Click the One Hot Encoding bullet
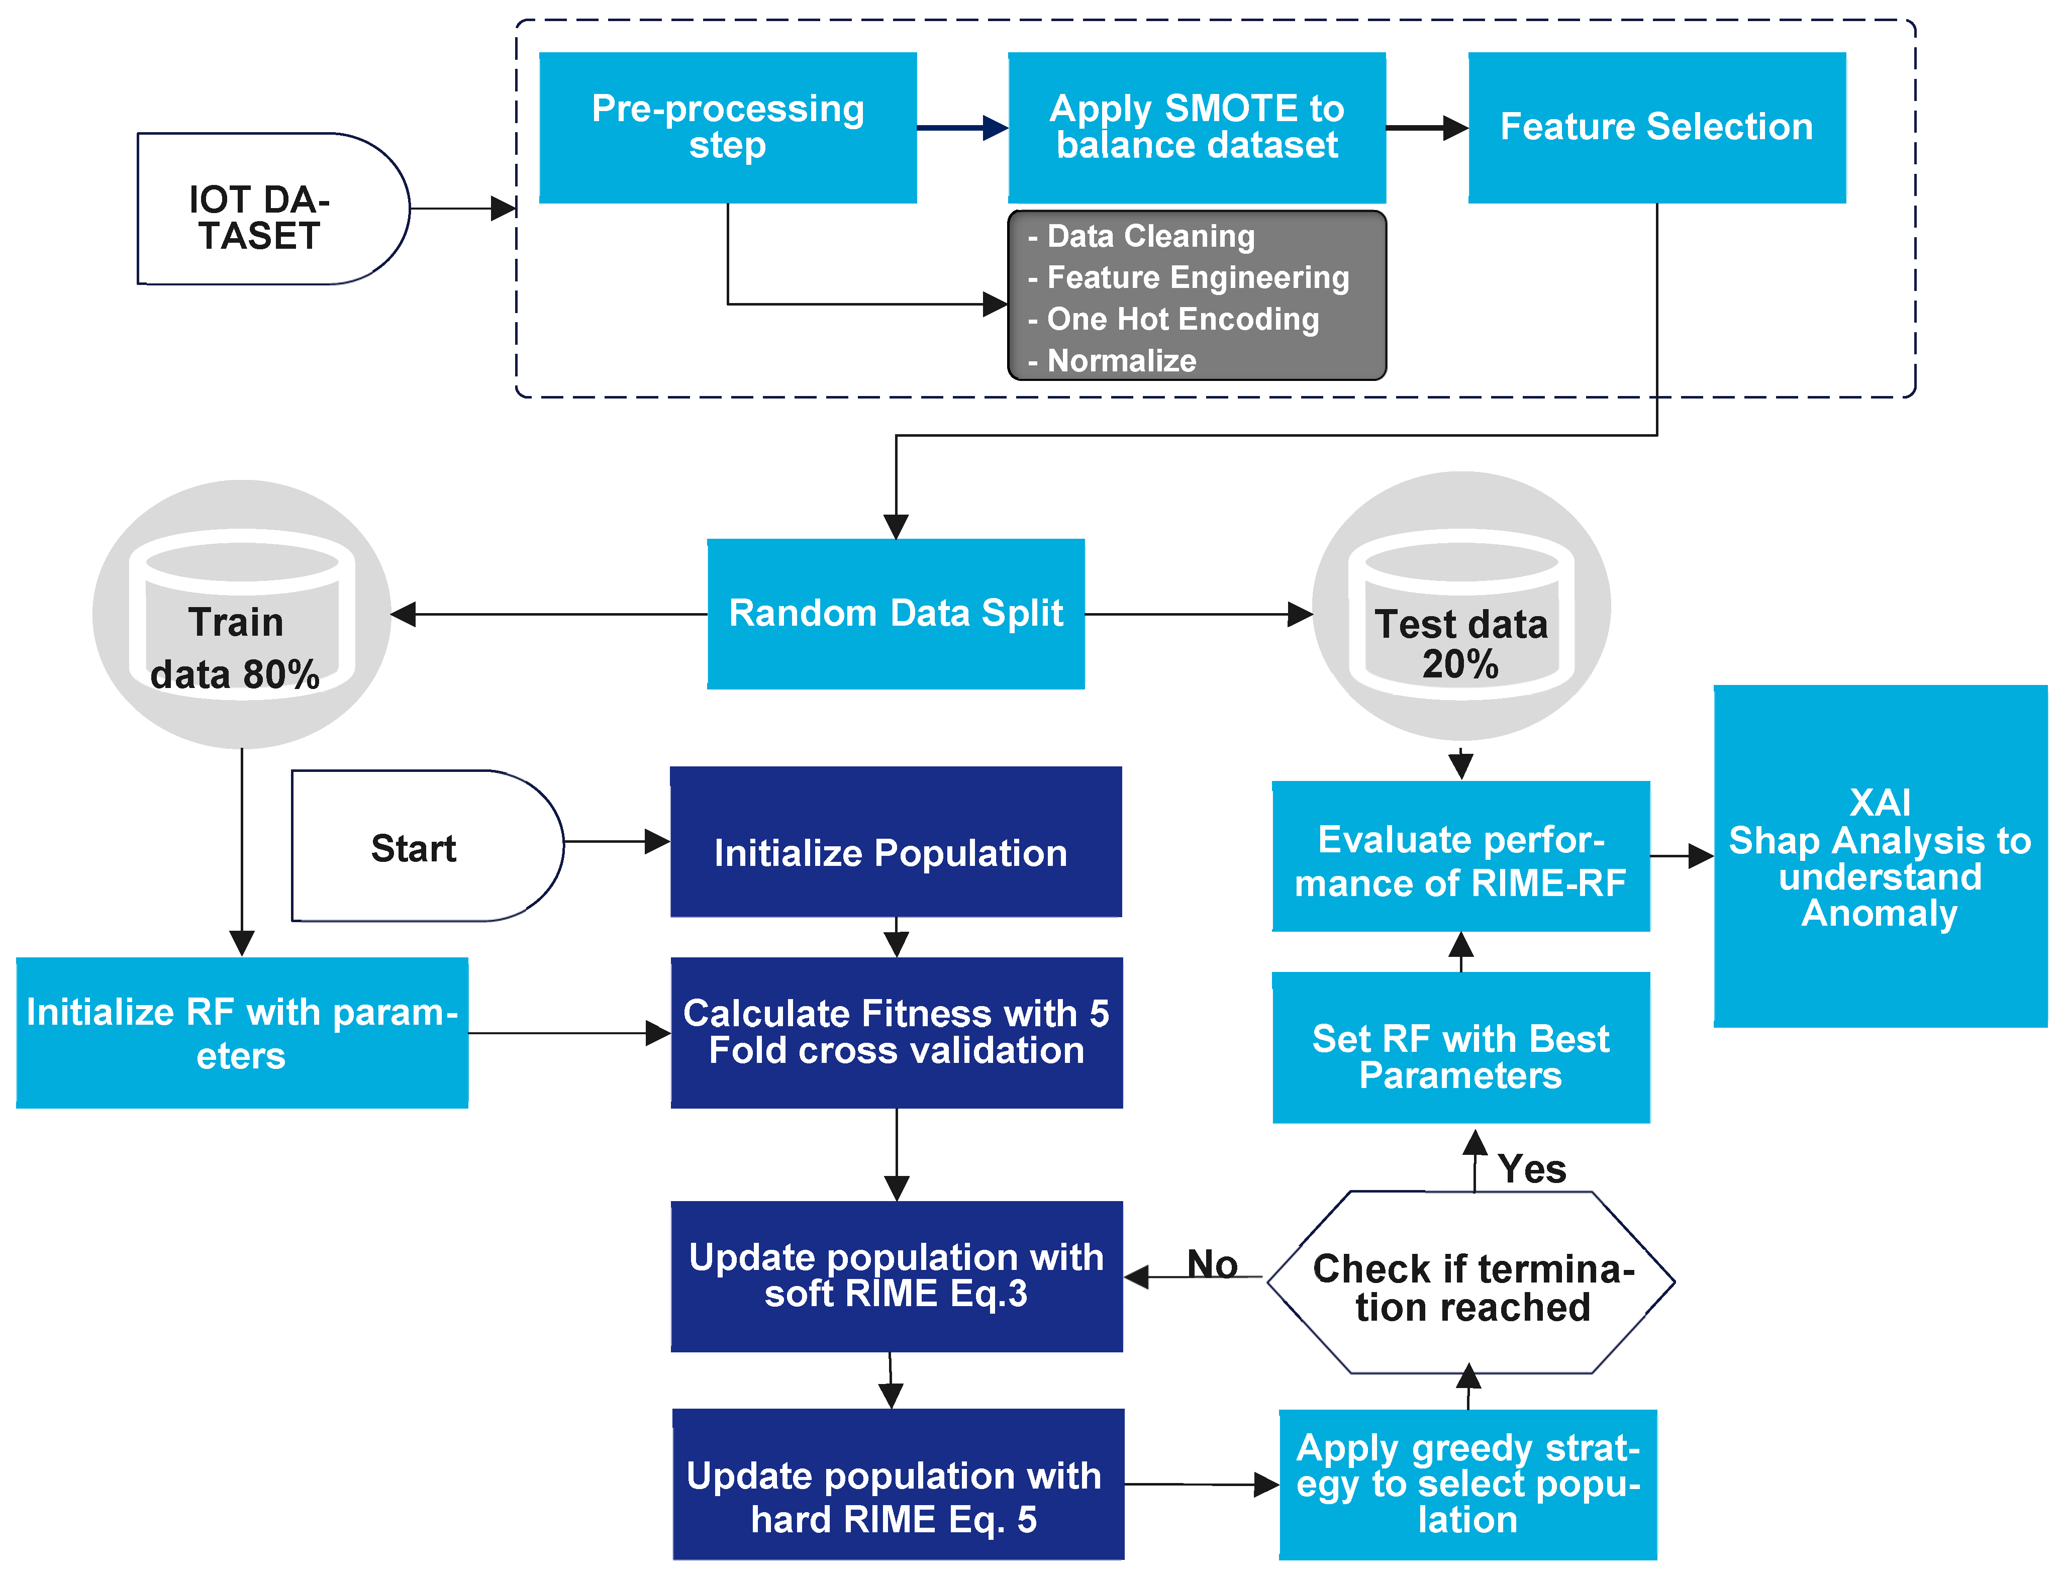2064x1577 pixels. pyautogui.click(x=1183, y=319)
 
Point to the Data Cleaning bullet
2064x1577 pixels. pyautogui.click(x=1150, y=237)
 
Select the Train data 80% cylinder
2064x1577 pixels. pyautogui.click(x=241, y=620)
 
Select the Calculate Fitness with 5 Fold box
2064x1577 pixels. pyautogui.click(x=897, y=1033)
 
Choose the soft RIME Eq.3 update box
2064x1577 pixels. pyautogui.click(x=897, y=1276)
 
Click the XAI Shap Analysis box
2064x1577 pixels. pyautogui.click(x=1880, y=856)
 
